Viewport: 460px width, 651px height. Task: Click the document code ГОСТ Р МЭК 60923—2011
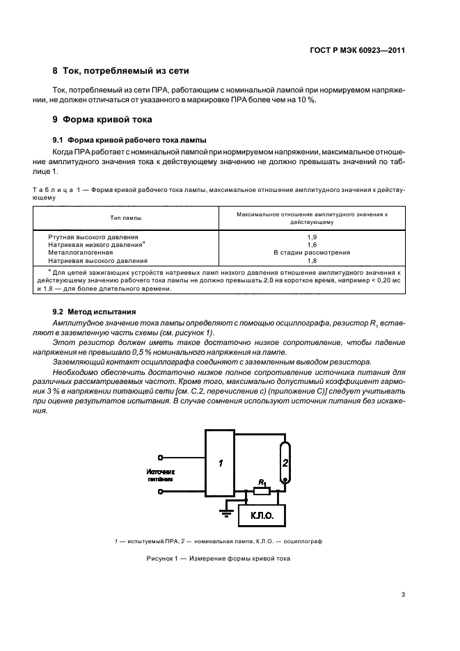coord(358,50)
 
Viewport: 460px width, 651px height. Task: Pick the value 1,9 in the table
coord(312,237)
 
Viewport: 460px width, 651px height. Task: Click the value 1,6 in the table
coord(312,245)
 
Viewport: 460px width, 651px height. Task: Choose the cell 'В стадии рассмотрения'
coord(312,252)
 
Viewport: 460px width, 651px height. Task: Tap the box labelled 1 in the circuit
coord(221,463)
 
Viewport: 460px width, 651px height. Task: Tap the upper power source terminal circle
coord(161,457)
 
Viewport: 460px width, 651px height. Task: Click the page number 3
coord(404,594)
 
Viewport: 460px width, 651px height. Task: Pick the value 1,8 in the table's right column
coord(312,260)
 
